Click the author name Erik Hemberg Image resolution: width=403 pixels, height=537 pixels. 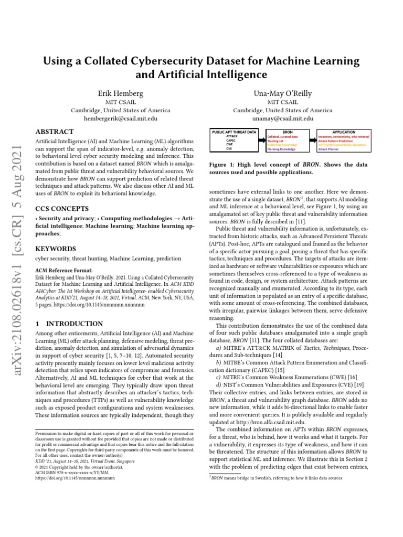pos(120,93)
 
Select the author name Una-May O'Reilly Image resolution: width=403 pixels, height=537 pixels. pos(282,93)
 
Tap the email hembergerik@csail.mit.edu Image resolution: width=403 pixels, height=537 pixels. pos(120,119)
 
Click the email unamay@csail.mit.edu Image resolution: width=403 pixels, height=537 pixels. pos(282,119)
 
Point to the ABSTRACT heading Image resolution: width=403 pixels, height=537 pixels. pos(55,132)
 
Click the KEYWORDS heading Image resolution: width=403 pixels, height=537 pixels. pos(55,249)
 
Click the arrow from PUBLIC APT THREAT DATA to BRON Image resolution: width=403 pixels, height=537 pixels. pos(259,139)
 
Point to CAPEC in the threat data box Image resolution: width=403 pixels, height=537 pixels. pos(230,141)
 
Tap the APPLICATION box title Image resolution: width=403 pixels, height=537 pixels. pos(344,132)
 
